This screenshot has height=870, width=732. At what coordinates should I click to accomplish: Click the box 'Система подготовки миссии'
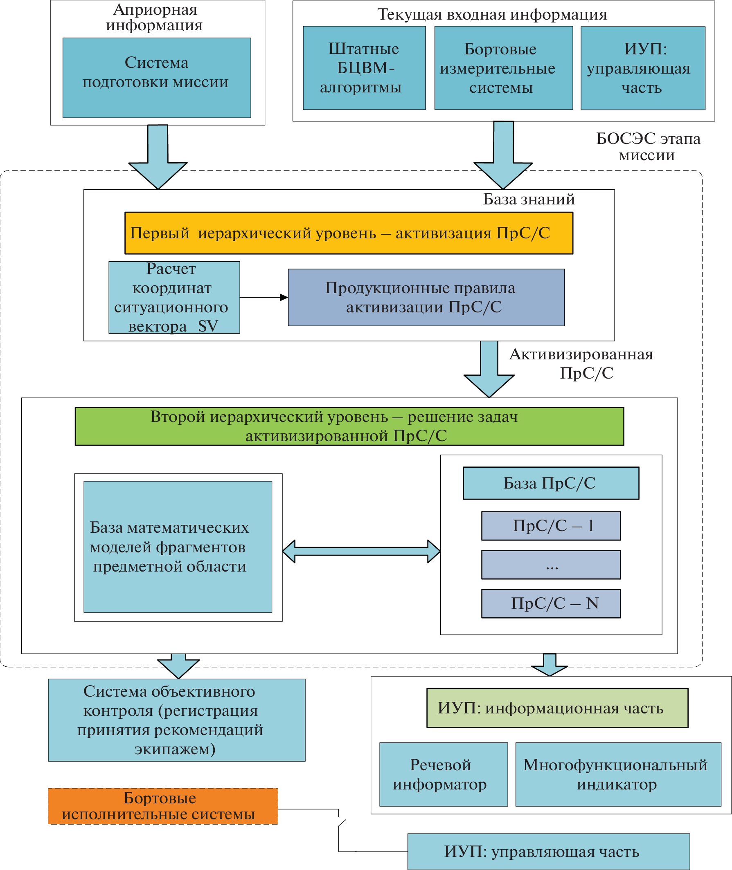(x=156, y=78)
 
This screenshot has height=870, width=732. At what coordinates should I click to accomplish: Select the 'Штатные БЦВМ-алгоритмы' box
(x=364, y=68)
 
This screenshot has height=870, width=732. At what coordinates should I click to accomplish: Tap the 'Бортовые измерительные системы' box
(x=503, y=68)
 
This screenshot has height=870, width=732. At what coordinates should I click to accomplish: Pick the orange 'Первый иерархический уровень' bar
(x=349, y=233)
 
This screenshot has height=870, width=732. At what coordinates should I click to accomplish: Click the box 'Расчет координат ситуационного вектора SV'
(x=174, y=297)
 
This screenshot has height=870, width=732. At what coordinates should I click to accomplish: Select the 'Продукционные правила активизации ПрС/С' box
(x=426, y=297)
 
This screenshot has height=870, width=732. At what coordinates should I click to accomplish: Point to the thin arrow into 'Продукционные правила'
(x=264, y=297)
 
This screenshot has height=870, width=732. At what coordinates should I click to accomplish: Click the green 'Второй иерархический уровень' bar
(x=349, y=426)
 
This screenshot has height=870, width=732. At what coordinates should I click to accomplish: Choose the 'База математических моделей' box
(x=178, y=547)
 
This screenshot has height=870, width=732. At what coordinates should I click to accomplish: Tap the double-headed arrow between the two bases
(x=361, y=551)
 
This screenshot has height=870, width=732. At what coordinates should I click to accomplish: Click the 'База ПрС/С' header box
(x=551, y=483)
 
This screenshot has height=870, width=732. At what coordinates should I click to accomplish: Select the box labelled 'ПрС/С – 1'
(x=551, y=526)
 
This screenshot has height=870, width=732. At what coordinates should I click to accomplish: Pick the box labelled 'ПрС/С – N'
(x=551, y=603)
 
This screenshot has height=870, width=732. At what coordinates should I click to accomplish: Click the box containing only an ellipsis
(x=551, y=565)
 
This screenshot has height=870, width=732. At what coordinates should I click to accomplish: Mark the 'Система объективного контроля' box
(x=176, y=720)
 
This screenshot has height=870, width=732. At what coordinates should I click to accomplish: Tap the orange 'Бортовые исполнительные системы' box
(x=163, y=806)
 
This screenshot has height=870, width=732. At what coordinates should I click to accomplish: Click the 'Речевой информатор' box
(x=443, y=774)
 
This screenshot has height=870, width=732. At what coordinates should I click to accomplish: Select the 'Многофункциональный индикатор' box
(x=618, y=774)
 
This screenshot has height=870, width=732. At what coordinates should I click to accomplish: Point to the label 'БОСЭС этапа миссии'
(x=648, y=147)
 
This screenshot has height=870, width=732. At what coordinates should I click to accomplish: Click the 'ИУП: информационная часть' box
(x=557, y=708)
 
